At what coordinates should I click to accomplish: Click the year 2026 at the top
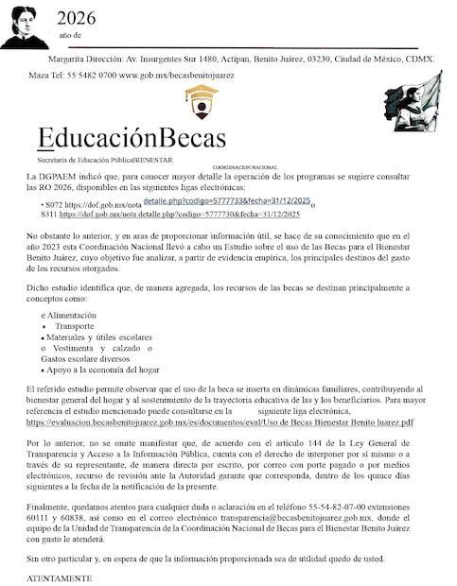click(76, 17)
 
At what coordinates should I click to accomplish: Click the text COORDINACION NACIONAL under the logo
click(245, 166)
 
